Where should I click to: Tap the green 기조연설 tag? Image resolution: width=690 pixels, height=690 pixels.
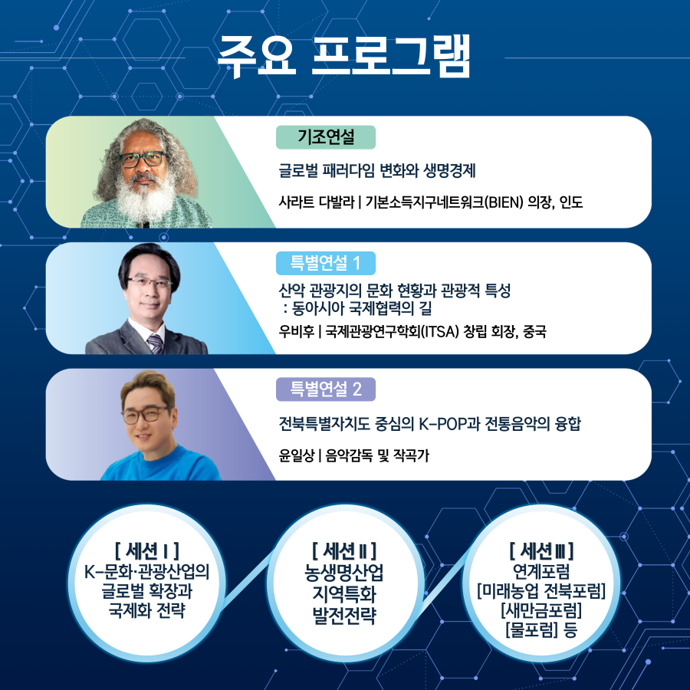coord(326,137)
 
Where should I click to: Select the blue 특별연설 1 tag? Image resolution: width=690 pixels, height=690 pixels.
coord(326,264)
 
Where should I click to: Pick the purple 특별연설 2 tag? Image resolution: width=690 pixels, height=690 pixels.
coord(326,389)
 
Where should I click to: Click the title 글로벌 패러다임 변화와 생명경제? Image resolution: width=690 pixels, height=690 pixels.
coord(379,170)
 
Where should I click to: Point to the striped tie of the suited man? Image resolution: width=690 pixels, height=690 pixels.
coord(155,342)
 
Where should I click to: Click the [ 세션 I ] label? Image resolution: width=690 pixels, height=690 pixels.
coord(146,550)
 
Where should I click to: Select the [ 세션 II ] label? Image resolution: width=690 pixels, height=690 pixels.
coord(344,550)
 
